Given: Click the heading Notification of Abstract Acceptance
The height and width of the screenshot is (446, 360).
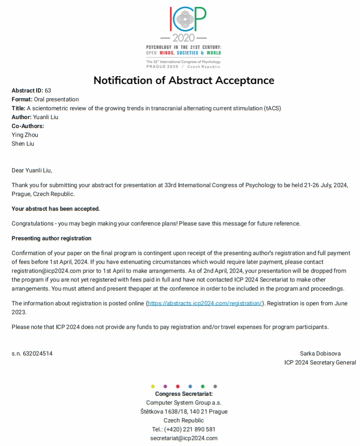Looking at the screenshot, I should click(184, 81).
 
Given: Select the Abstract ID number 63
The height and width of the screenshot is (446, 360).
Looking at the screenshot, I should click(48, 90).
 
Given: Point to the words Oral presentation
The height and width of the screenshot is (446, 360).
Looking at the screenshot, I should click(56, 99).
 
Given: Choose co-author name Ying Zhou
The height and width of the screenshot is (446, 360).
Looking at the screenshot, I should click(25, 135).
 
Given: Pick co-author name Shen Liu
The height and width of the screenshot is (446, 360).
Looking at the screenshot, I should click(23, 144).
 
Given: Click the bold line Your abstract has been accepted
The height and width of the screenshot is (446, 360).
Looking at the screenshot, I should click(56, 209).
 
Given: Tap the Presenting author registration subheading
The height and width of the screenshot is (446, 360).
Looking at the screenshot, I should click(51, 238).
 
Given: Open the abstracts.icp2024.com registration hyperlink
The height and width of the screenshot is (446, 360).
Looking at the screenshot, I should click(205, 304).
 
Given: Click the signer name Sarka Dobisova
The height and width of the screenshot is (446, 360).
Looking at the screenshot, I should click(320, 354).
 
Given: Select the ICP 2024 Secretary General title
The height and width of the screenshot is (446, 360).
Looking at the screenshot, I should click(320, 363).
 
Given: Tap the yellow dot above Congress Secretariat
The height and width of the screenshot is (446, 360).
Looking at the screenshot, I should click(153, 386).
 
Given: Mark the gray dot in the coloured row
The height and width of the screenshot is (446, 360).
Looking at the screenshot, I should click(215, 386).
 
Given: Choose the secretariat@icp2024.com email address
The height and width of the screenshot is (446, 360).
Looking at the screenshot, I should click(184, 438).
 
